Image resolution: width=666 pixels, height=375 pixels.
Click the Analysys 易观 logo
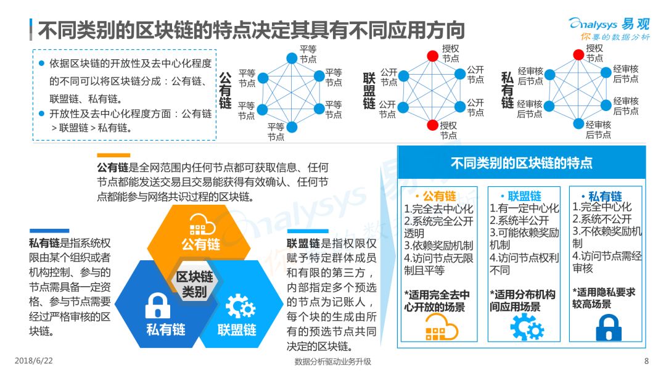coord(609,28)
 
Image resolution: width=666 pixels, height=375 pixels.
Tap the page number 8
coord(646,361)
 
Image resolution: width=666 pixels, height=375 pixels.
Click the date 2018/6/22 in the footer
coord(33,361)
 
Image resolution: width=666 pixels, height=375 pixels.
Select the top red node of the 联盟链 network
coord(432,56)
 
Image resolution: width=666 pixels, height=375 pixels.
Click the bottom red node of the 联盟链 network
coord(432,125)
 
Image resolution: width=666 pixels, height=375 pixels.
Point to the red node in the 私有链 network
coord(578,54)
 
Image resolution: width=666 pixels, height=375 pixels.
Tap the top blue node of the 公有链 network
coord(292,58)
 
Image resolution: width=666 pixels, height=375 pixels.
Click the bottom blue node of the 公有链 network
coord(292,126)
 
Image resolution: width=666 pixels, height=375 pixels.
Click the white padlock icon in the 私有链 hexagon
coord(158,305)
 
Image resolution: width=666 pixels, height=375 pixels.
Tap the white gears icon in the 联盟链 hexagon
coord(240,306)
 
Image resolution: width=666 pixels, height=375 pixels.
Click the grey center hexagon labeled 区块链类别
coord(194,284)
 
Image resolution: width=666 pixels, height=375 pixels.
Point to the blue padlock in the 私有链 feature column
coord(609,328)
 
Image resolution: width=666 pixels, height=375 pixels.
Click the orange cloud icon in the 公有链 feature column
coord(442,329)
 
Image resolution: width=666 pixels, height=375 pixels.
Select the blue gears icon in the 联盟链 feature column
coord(527,328)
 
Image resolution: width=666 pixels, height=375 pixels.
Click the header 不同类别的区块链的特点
coord(521,163)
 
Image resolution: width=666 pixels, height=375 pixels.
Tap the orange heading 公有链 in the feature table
coord(439,196)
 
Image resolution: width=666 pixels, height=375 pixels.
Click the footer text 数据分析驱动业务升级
coord(332,361)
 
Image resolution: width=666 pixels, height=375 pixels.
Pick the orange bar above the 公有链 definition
coord(113,155)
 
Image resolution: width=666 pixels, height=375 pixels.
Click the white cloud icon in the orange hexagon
coord(202,225)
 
